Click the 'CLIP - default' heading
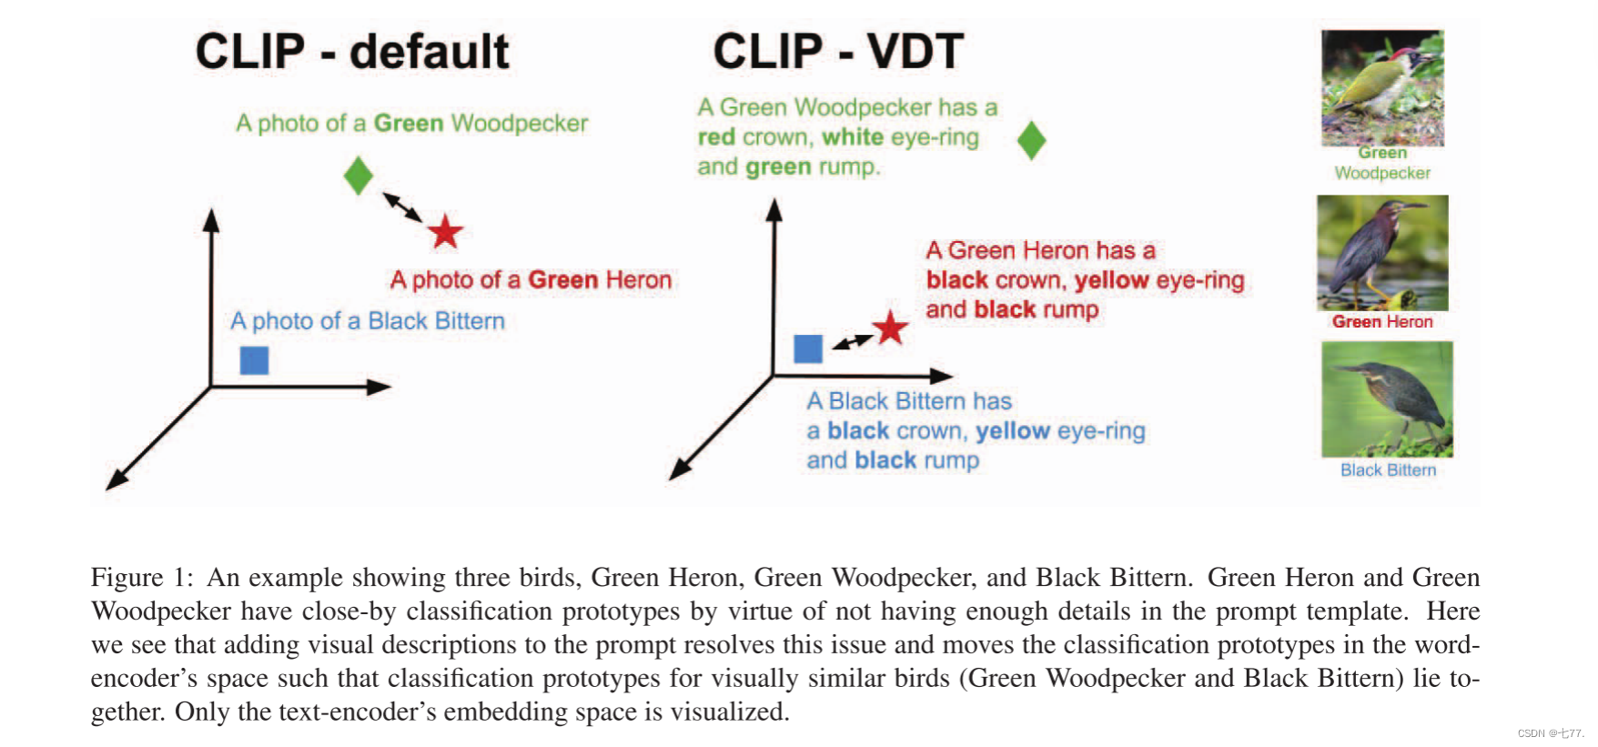coord(352,52)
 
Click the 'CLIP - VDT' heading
coord(838,52)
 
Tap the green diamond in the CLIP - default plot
coord(359,176)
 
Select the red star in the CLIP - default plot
coord(445,232)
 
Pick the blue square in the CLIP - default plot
coord(254,360)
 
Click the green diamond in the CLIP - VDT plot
coord(1031,140)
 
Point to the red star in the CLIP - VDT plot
coord(890,328)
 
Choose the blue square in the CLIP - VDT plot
coord(808,348)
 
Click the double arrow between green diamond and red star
coord(401,207)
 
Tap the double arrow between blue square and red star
coord(853,341)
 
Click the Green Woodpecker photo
coord(1382,88)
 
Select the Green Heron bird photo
coord(1382,253)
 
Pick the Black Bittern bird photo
coord(1387,399)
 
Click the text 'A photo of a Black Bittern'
coord(368,321)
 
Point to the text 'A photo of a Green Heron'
coord(531,280)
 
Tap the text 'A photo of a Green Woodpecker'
coord(411,124)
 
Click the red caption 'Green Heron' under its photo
coord(1382,322)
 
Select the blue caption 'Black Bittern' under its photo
coord(1388,470)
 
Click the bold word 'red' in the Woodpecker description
coord(716,137)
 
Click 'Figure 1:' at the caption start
coord(142,578)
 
